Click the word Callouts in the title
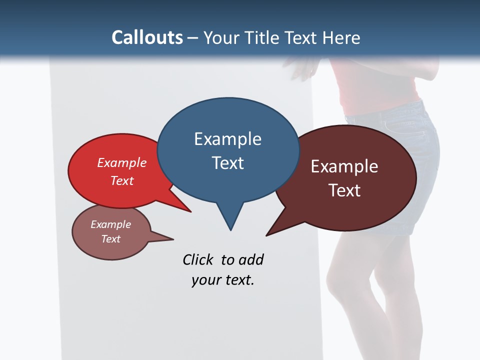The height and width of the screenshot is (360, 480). coord(147,37)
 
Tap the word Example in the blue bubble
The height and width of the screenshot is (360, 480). coord(227,139)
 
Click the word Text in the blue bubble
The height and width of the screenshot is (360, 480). coord(227,163)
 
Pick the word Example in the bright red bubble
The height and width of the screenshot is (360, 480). coord(122,163)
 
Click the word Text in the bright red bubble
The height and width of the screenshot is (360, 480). coord(122,180)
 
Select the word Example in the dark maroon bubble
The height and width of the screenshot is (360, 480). coord(344,166)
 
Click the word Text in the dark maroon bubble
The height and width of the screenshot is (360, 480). coord(344,190)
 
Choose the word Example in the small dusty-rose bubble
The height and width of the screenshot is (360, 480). coord(110,224)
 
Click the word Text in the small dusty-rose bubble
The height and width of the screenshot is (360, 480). coord(110,239)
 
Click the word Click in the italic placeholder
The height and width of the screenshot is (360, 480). coord(199,259)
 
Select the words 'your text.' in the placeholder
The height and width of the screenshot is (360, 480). coord(223,280)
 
